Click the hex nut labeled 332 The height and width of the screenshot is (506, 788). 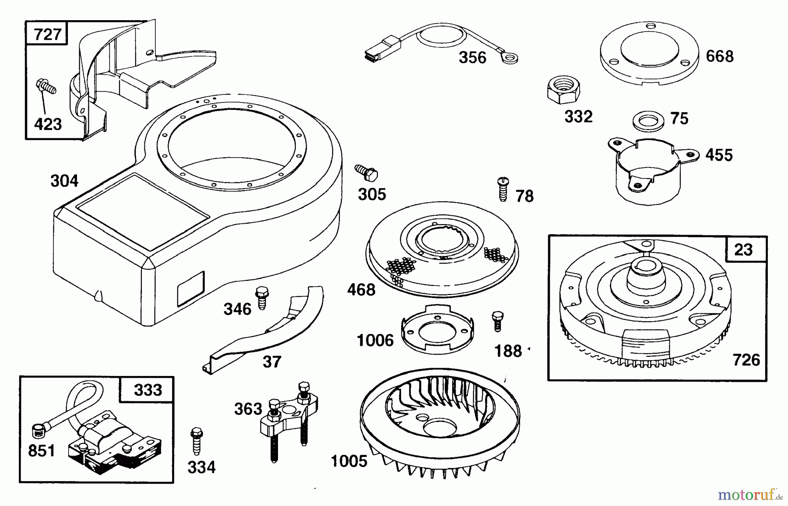(563, 90)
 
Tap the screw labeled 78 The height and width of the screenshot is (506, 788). (503, 189)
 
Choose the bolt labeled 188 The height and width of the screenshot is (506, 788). (498, 321)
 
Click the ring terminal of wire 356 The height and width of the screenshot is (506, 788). (509, 57)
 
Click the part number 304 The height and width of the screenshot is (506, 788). (64, 181)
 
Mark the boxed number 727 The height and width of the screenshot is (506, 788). (47, 34)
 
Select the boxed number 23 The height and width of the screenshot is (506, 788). (744, 249)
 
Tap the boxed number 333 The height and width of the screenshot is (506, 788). (148, 390)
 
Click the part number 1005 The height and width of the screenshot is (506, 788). (349, 461)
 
